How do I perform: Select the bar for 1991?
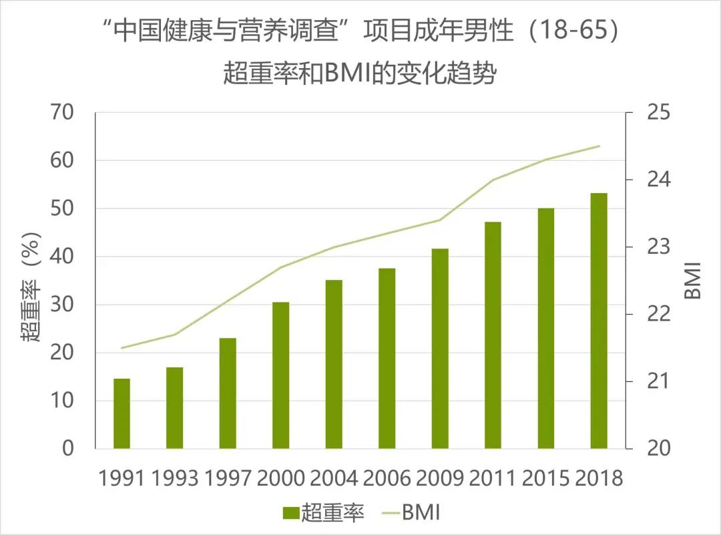click(x=122, y=413)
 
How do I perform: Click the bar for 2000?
click(x=280, y=375)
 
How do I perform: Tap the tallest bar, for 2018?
click(x=599, y=321)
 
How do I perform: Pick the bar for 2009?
click(x=440, y=348)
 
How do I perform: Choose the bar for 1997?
click(x=228, y=393)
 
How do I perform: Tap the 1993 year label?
click(x=175, y=478)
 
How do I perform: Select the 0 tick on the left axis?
click(x=69, y=448)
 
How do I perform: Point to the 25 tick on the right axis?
click(x=658, y=112)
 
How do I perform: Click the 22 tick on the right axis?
click(x=658, y=314)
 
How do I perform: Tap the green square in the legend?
click(x=291, y=513)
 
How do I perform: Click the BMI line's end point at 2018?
click(x=599, y=146)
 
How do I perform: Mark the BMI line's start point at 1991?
click(x=122, y=348)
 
